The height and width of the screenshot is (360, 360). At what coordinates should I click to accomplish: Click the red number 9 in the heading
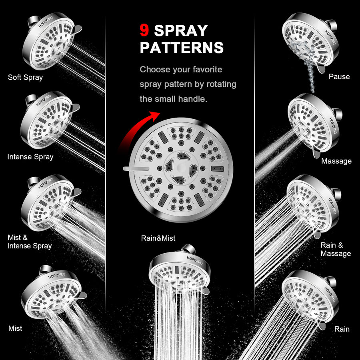click(x=144, y=31)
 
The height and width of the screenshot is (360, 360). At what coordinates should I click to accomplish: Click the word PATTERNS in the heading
click(x=182, y=48)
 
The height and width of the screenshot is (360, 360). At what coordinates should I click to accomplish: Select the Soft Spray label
click(x=25, y=77)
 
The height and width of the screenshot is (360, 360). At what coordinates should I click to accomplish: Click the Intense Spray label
click(x=30, y=157)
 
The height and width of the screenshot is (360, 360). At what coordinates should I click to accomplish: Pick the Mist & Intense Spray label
click(x=30, y=242)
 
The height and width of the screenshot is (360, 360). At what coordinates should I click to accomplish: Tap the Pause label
click(x=339, y=76)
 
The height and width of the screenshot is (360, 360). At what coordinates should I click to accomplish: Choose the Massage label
click(x=336, y=161)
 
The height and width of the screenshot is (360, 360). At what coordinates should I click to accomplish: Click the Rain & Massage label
click(x=336, y=249)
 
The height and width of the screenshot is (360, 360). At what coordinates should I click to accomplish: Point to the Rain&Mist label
click(x=158, y=238)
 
